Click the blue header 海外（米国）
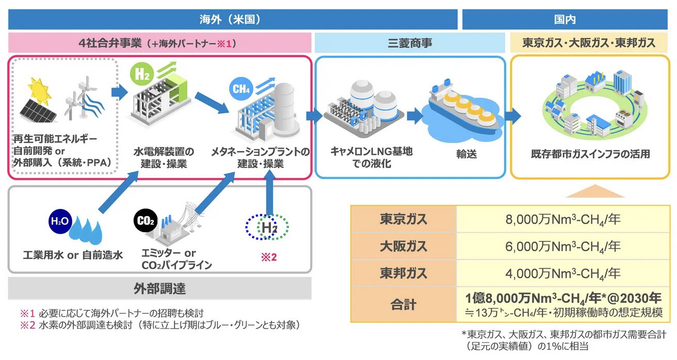point(232,20)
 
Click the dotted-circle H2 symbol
point(266,226)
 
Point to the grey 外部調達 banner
point(159,288)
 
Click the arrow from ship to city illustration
point(512,115)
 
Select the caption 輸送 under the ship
point(466,154)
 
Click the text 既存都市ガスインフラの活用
point(590,154)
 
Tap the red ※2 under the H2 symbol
point(268,256)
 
